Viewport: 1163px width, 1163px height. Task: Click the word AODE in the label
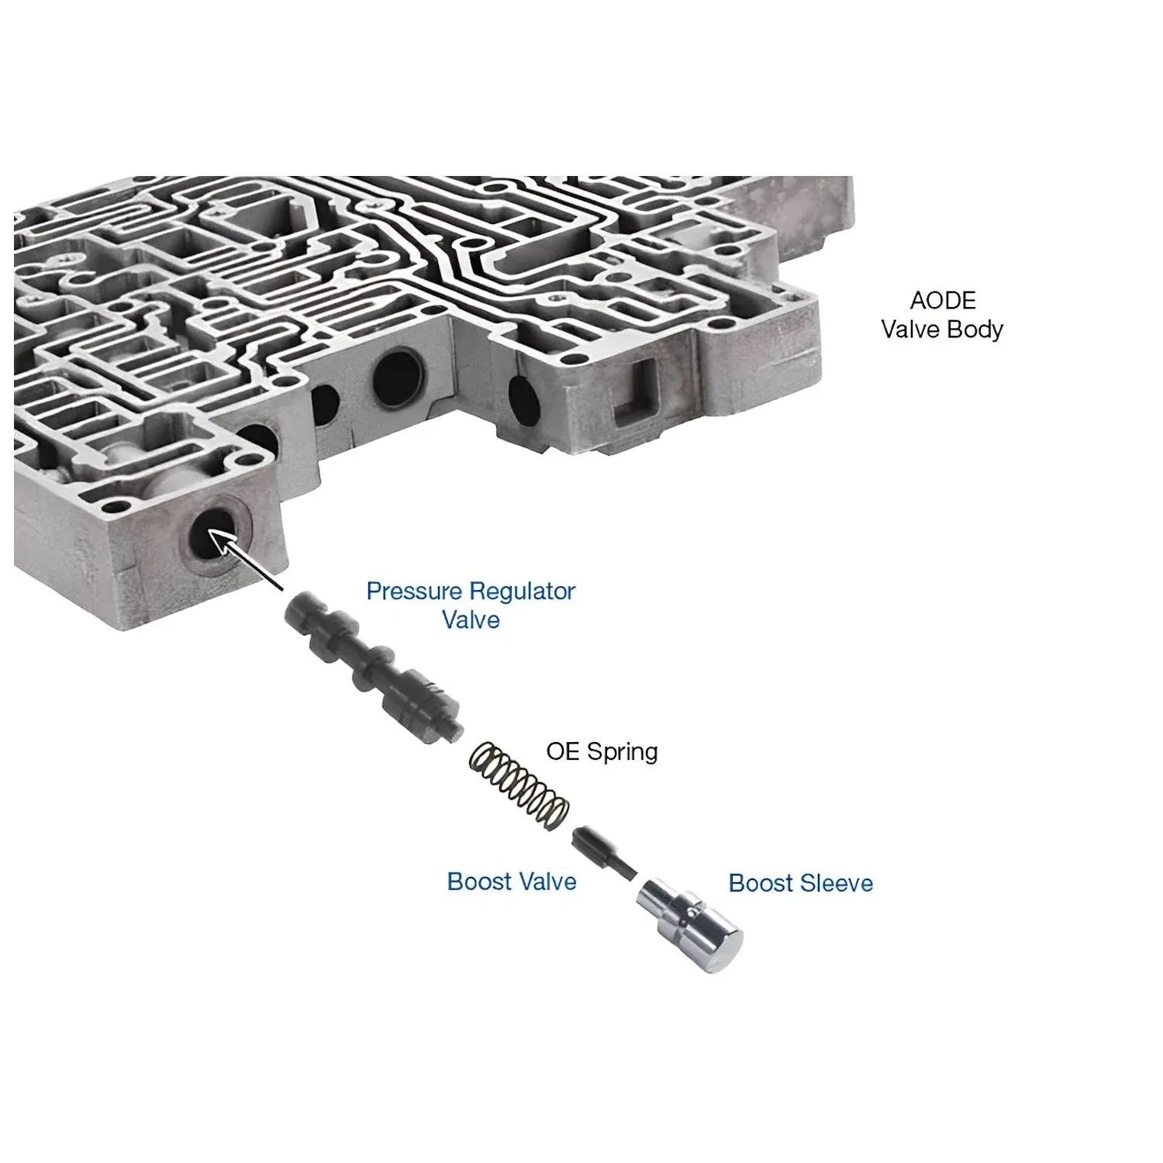point(943,301)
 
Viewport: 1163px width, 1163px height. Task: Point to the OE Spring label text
point(602,751)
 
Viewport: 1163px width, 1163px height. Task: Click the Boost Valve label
point(512,882)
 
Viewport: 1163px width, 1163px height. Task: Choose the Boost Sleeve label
point(801,883)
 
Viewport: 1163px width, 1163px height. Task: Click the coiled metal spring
point(519,785)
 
